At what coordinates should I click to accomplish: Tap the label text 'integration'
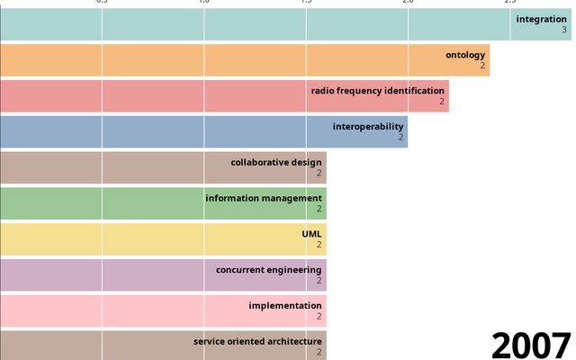point(541,19)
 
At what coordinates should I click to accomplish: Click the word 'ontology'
point(465,55)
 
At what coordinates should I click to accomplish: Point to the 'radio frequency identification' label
point(378,91)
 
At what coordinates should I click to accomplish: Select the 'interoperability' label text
point(367,126)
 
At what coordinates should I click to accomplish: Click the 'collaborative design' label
point(276,162)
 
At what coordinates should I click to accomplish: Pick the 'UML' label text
point(311,234)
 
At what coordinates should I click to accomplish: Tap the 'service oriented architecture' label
point(257,341)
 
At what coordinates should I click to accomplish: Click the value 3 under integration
point(564,31)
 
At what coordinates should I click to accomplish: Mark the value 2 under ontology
point(482,66)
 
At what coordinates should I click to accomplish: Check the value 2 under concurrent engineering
point(319,281)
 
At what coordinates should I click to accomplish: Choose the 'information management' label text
point(264,198)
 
